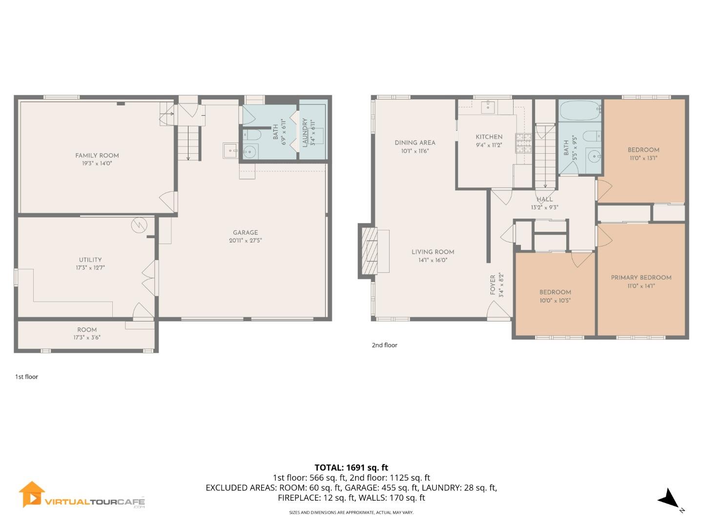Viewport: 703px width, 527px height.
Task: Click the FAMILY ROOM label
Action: pyautogui.click(x=97, y=156)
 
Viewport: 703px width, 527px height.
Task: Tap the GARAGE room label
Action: pyautogui.click(x=245, y=233)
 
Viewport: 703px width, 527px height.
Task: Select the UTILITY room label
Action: pyautogui.click(x=90, y=260)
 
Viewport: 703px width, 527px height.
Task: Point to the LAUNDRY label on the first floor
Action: pyautogui.click(x=305, y=133)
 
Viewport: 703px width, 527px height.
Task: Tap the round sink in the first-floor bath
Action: pyautogui.click(x=250, y=152)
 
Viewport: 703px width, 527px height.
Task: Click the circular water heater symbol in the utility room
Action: pyautogui.click(x=139, y=225)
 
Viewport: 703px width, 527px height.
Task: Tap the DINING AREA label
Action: pyautogui.click(x=415, y=143)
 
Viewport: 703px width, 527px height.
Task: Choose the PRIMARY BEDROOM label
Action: pyautogui.click(x=641, y=278)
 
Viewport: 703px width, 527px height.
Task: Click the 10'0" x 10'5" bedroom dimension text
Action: pyautogui.click(x=555, y=301)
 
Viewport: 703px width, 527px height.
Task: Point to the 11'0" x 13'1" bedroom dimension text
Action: pyautogui.click(x=643, y=158)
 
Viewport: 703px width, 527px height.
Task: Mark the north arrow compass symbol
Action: pyautogui.click(x=668, y=499)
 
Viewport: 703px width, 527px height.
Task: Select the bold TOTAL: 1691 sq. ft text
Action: pyautogui.click(x=351, y=467)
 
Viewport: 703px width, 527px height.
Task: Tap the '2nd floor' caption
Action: pyautogui.click(x=385, y=345)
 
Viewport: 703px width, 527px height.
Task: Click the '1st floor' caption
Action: pyautogui.click(x=26, y=377)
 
